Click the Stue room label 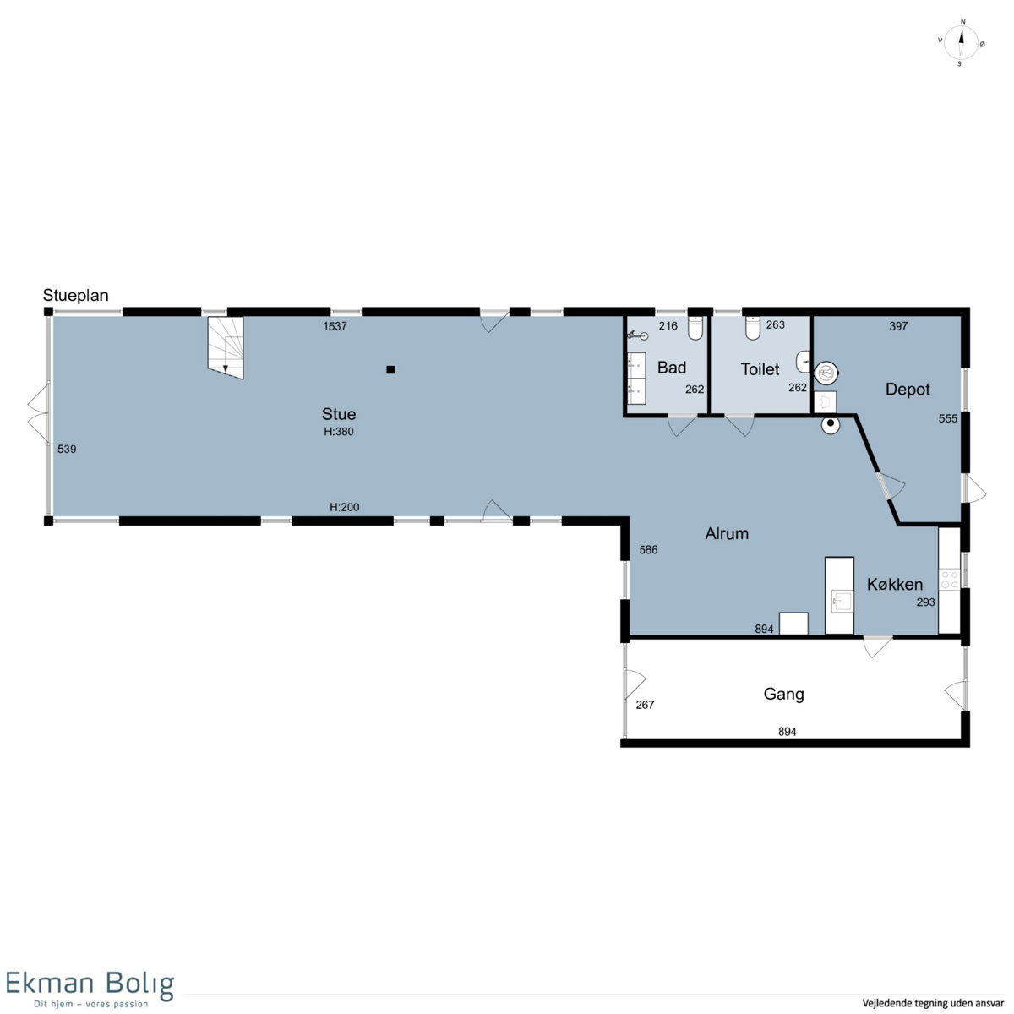338,414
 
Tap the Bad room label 672,368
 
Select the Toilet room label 760,369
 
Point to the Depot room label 908,390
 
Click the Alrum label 726,533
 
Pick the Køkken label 894,584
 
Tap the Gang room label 783,695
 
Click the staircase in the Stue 226,347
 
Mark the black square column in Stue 390,369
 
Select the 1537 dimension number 335,326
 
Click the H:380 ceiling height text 338,432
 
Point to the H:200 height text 344,507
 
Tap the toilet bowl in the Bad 695,327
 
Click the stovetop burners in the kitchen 949,580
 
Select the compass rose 960,42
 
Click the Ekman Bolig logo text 90,984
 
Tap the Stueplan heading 75,296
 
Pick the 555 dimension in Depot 948,419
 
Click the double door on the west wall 38,412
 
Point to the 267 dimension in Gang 645,705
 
